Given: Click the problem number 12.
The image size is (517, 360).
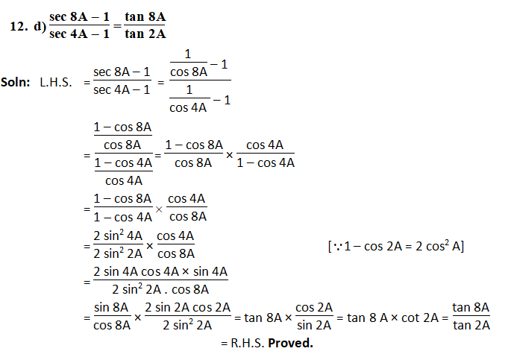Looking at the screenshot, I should (18, 26).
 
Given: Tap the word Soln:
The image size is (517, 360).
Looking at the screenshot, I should (16, 82).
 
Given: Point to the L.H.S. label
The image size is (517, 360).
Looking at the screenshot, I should (56, 82).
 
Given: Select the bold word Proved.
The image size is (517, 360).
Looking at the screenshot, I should (290, 344).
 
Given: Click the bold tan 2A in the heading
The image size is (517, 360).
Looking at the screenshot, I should (146, 34).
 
